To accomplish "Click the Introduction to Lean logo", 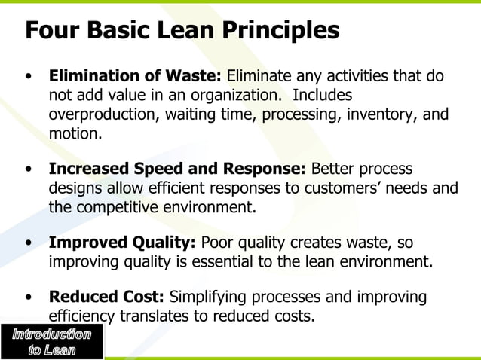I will [51, 342].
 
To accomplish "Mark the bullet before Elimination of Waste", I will [29, 77].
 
